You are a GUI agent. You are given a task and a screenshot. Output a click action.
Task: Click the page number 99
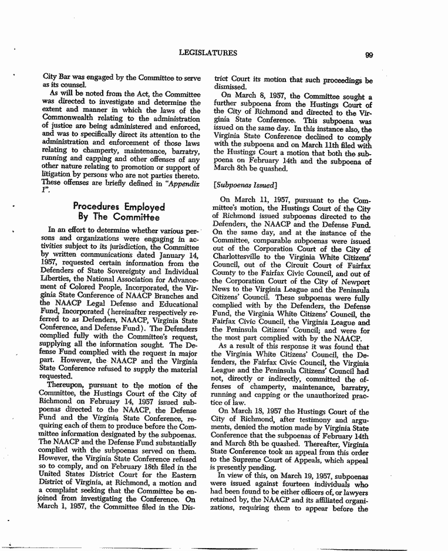[369, 55]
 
